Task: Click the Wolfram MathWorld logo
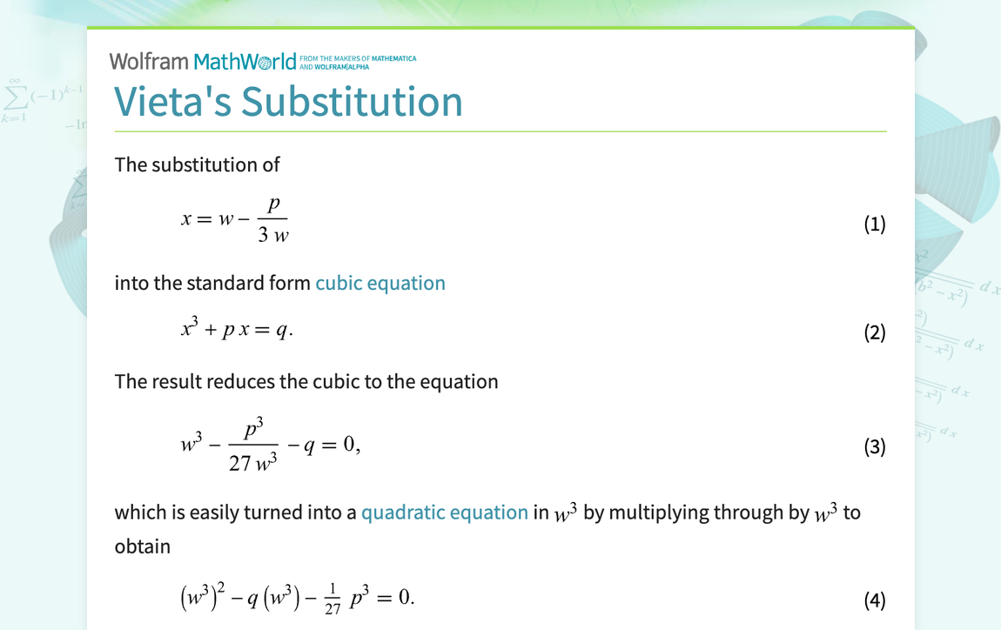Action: [209, 61]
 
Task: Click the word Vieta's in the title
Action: [173, 101]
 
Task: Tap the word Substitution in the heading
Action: [352, 101]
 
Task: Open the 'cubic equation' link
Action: [380, 283]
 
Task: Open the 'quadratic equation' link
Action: [445, 513]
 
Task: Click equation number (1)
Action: [874, 224]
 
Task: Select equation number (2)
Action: [874, 332]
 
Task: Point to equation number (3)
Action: [874, 446]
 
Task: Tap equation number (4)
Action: [874, 600]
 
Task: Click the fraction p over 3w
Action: [273, 220]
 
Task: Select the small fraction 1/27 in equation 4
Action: [333, 599]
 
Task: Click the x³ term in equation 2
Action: [190, 329]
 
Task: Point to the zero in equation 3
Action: [349, 445]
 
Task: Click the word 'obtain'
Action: [143, 546]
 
